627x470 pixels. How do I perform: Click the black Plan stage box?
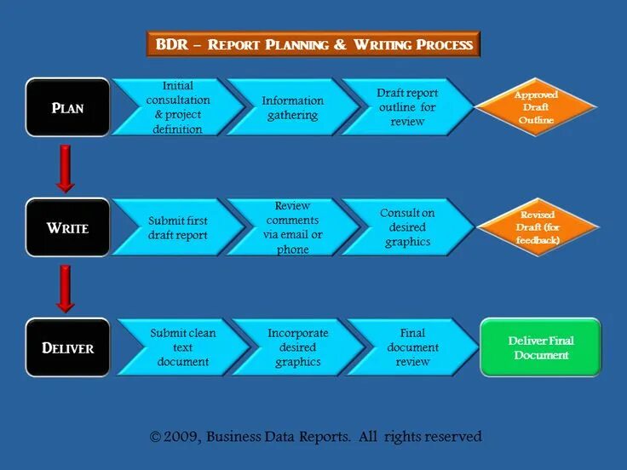[67, 107]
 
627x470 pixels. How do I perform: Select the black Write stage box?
[67, 227]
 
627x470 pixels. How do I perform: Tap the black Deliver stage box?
[67, 347]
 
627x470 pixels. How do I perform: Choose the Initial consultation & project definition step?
[177, 107]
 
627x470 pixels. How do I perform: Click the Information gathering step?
[292, 107]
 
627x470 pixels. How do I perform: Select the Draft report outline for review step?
[406, 107]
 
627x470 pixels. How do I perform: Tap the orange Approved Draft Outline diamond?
[535, 107]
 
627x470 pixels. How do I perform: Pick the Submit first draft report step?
[177, 227]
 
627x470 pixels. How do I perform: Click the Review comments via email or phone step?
[292, 227]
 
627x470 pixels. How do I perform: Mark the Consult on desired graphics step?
[406, 227]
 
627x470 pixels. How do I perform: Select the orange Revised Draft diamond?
[537, 227]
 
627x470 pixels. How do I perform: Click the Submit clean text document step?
[181, 347]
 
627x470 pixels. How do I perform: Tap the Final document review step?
[412, 347]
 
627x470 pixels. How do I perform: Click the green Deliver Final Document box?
[540, 347]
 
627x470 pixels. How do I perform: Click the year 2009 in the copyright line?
[181, 437]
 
